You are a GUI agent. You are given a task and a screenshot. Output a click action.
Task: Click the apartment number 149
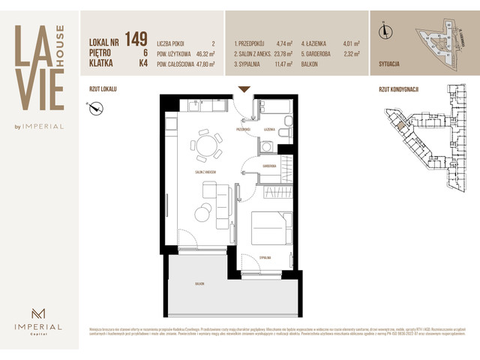pyautogui.click(x=136, y=38)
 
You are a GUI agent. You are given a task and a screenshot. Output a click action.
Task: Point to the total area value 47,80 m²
pyautogui.click(x=202, y=64)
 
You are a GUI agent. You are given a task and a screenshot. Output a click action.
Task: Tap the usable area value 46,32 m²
pyautogui.click(x=202, y=54)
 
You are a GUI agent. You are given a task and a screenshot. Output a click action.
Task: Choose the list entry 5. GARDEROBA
pyautogui.click(x=319, y=54)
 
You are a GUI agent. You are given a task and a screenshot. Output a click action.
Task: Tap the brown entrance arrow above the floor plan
pyautogui.click(x=244, y=90)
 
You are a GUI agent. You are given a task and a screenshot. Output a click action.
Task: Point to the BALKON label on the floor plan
pyautogui.click(x=198, y=284)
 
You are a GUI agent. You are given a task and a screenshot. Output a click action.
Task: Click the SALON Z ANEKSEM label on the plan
pyautogui.click(x=203, y=172)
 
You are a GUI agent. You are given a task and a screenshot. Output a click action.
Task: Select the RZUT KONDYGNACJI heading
pyautogui.click(x=398, y=88)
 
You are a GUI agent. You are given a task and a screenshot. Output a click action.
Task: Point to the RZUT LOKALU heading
pyautogui.click(x=103, y=88)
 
